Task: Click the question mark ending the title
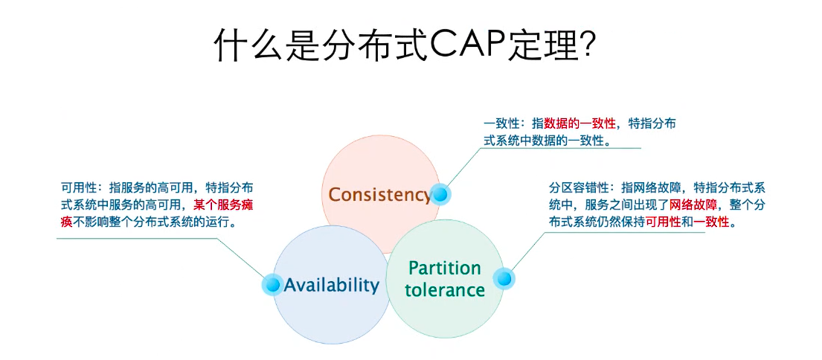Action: point(586,45)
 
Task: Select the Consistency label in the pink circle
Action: point(379,195)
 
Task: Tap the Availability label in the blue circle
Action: point(332,284)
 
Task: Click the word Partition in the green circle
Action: point(445,268)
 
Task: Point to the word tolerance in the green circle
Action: point(445,289)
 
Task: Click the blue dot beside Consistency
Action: point(440,195)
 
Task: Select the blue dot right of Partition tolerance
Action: point(504,279)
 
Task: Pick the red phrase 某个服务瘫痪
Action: point(223,205)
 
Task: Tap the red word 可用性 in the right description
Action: point(663,222)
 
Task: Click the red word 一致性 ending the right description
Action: point(712,222)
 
